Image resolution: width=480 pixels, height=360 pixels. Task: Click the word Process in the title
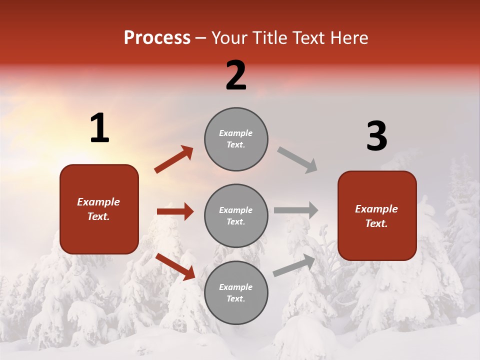pyautogui.click(x=157, y=38)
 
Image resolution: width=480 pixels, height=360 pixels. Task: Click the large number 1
pyautogui.click(x=99, y=128)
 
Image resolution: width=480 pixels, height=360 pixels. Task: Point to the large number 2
pyautogui.click(x=236, y=75)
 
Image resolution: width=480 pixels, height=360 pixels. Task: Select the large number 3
pyautogui.click(x=376, y=136)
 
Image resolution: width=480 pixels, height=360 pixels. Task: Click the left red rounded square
pyautogui.click(x=99, y=209)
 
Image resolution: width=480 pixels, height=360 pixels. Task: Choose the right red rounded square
pyautogui.click(x=377, y=215)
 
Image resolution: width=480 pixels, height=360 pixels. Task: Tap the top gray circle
pyautogui.click(x=236, y=139)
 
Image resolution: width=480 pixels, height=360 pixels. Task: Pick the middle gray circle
pyautogui.click(x=236, y=215)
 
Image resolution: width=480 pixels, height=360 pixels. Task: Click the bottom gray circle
pyautogui.click(x=236, y=292)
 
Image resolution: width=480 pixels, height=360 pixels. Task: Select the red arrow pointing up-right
pyautogui.click(x=174, y=159)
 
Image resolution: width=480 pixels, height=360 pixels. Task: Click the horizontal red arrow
pyautogui.click(x=175, y=211)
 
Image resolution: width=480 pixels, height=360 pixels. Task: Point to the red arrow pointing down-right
pyautogui.click(x=175, y=266)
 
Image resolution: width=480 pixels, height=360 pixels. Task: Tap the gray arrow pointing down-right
pyautogui.click(x=297, y=159)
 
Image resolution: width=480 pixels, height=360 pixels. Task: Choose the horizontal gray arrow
pyautogui.click(x=296, y=210)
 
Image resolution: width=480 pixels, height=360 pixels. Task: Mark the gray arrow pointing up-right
pyautogui.click(x=294, y=265)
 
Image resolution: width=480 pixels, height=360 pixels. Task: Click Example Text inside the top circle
pyautogui.click(x=236, y=138)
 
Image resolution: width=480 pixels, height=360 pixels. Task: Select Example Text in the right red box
pyautogui.click(x=376, y=216)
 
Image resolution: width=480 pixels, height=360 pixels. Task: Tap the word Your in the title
pyautogui.click(x=230, y=38)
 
